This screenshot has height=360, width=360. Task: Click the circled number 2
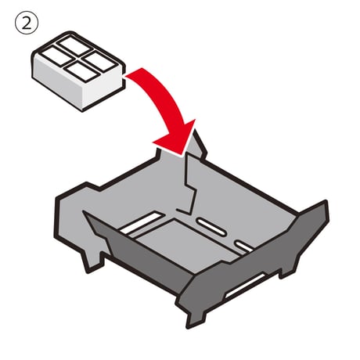point(27,23)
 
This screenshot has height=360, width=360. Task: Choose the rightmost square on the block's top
point(99,61)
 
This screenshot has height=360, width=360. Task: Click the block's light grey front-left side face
point(57,81)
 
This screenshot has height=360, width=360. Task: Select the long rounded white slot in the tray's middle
point(211,227)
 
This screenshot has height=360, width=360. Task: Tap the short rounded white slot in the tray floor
point(244,247)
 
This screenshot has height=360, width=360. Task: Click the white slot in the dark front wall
point(246,285)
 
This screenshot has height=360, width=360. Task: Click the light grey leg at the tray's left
point(92,261)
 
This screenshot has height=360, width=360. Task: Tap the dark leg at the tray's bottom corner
point(195,317)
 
